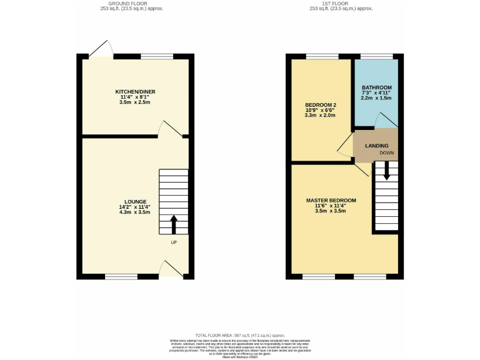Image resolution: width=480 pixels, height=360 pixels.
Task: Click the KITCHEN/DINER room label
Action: pos(135,92)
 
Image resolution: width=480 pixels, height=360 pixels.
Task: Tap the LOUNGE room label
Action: pos(135,201)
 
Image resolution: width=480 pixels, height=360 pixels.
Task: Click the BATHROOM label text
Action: pos(376,87)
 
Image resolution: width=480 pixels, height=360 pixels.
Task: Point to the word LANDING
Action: pos(376,146)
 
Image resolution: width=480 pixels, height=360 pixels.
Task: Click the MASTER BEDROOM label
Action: pos(331,201)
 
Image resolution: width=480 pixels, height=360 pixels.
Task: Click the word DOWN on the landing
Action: pos(386,152)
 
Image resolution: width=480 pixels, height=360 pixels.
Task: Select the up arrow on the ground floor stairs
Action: pos(174,224)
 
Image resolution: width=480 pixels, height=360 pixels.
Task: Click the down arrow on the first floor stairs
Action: pos(386,171)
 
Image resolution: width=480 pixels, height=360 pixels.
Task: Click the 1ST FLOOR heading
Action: pos(343,3)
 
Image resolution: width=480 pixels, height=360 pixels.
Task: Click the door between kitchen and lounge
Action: pos(169,129)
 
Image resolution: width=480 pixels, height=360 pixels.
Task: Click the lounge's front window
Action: pos(121,276)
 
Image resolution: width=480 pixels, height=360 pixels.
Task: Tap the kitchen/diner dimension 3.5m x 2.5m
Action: pos(135,102)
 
